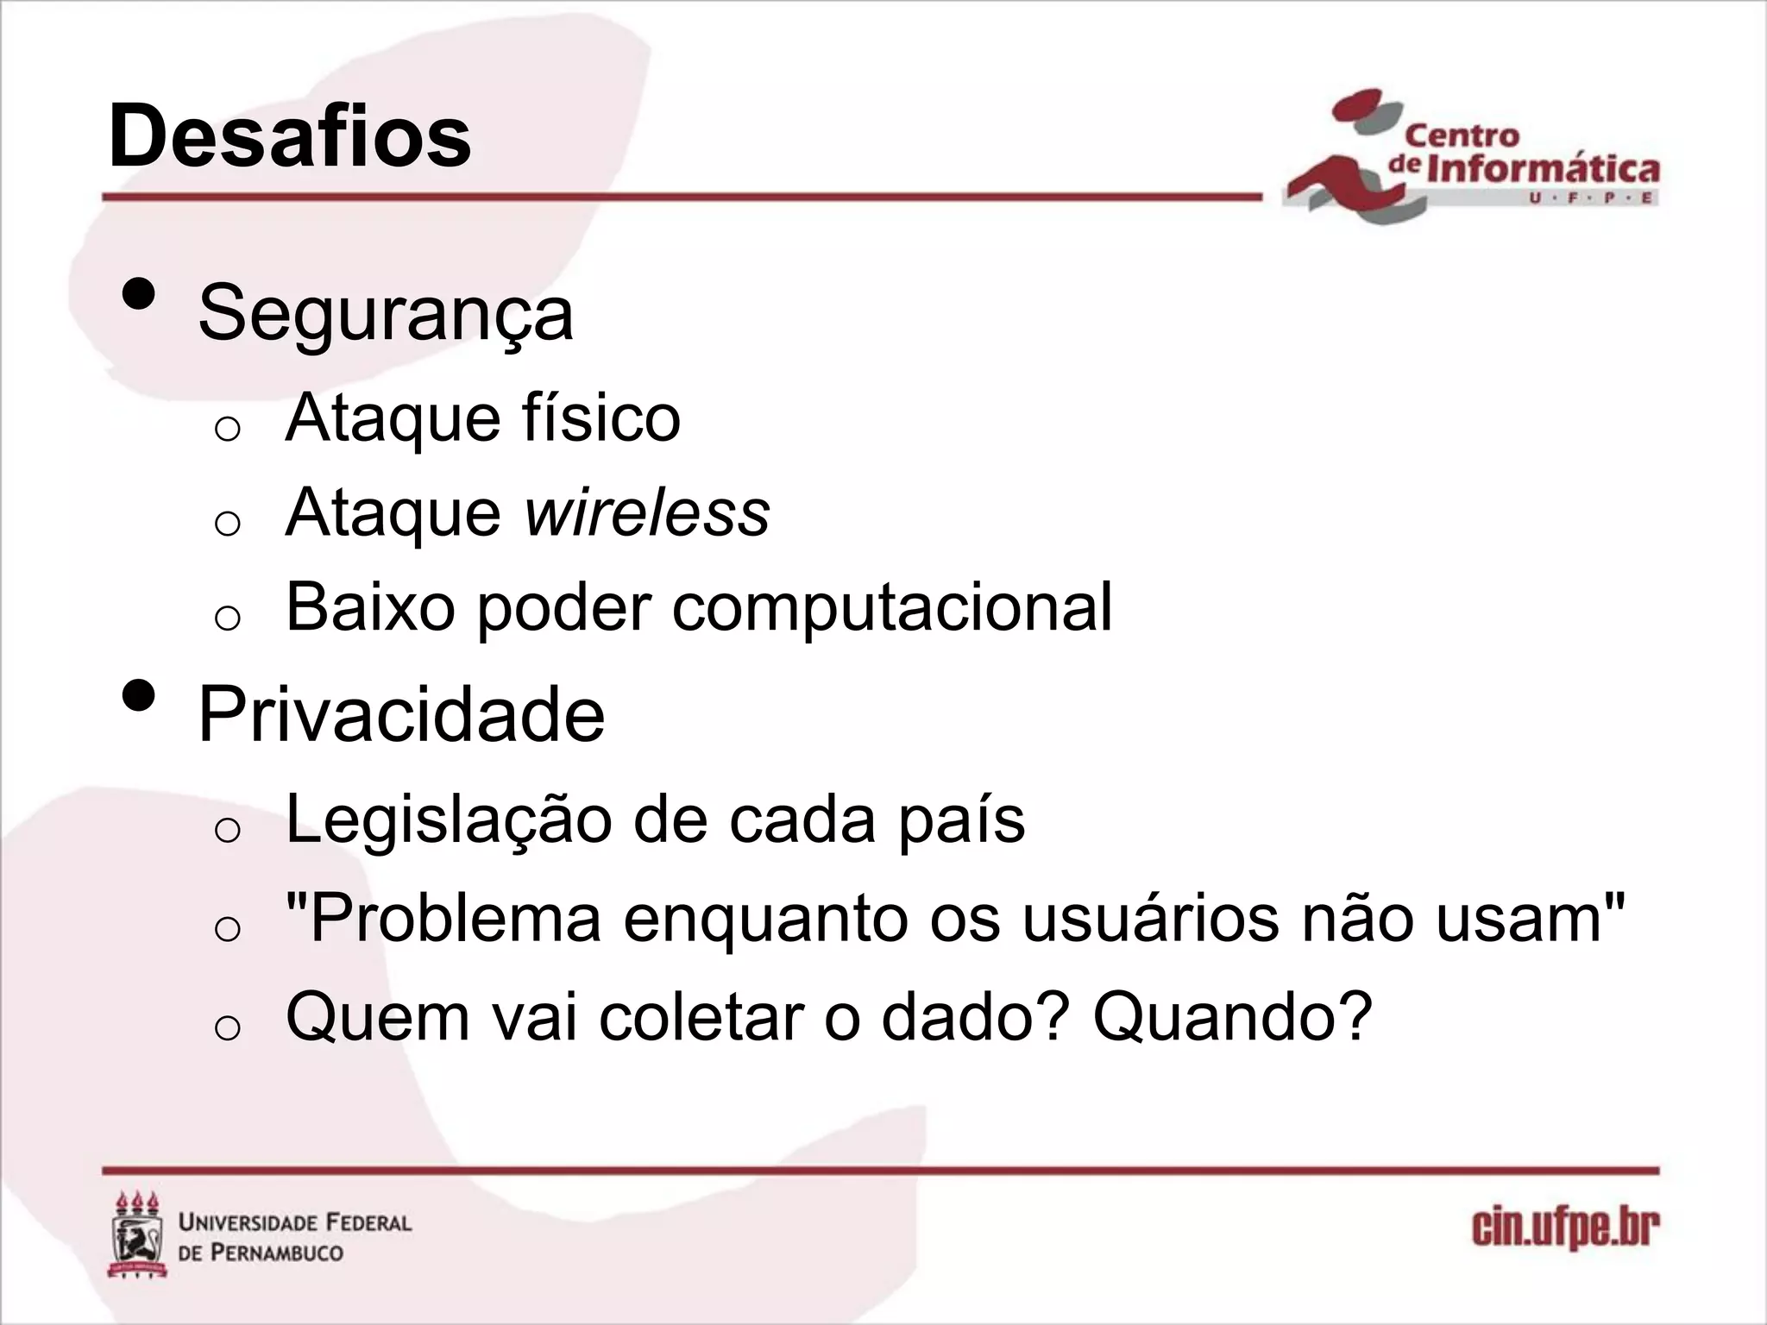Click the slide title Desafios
pyautogui.click(x=290, y=136)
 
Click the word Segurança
pyautogui.click(x=386, y=313)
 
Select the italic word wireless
pyautogui.click(x=647, y=513)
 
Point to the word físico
pyautogui.click(x=601, y=418)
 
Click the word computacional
pyautogui.click(x=892, y=607)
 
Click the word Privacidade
pyautogui.click(x=401, y=714)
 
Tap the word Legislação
pyautogui.click(x=449, y=820)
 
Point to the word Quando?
pyautogui.click(x=1232, y=1018)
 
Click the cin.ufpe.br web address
pyautogui.click(x=1565, y=1228)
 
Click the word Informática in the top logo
pyautogui.click(x=1543, y=168)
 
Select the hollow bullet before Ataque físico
pyautogui.click(x=227, y=429)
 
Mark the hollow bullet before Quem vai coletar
pyautogui.click(x=227, y=1028)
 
